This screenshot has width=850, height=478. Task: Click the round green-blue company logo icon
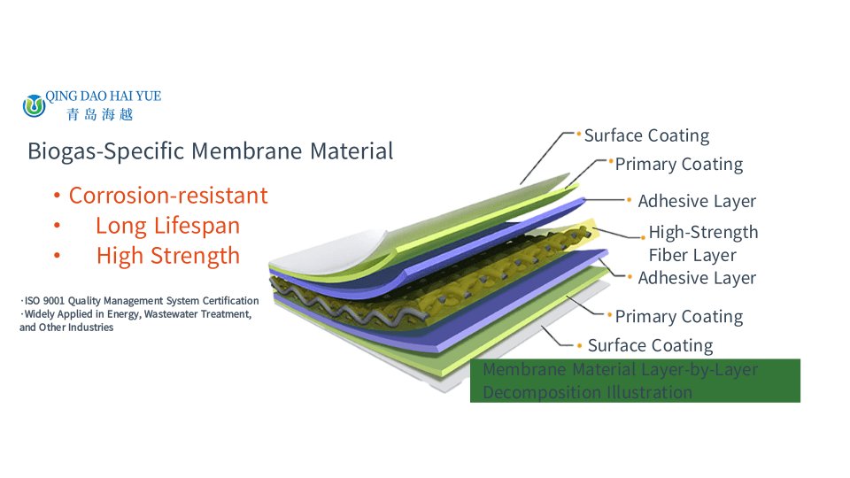35,105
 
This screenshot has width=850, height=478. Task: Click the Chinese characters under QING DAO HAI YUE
100,114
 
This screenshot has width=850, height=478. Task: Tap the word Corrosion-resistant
168,196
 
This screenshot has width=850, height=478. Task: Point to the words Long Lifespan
167,226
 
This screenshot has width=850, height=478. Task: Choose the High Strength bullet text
168,256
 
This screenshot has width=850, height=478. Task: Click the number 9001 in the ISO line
54,301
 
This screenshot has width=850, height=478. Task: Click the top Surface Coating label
646,135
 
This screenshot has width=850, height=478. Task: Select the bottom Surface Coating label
651,345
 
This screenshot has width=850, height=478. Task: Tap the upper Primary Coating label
679,165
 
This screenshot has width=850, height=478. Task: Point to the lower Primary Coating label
679,317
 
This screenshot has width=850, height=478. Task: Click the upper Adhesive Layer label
697,201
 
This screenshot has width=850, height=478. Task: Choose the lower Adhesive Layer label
697,278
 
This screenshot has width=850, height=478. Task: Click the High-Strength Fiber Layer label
703,243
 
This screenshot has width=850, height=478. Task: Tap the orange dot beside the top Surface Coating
578,133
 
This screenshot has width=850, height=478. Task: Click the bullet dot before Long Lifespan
57,226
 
